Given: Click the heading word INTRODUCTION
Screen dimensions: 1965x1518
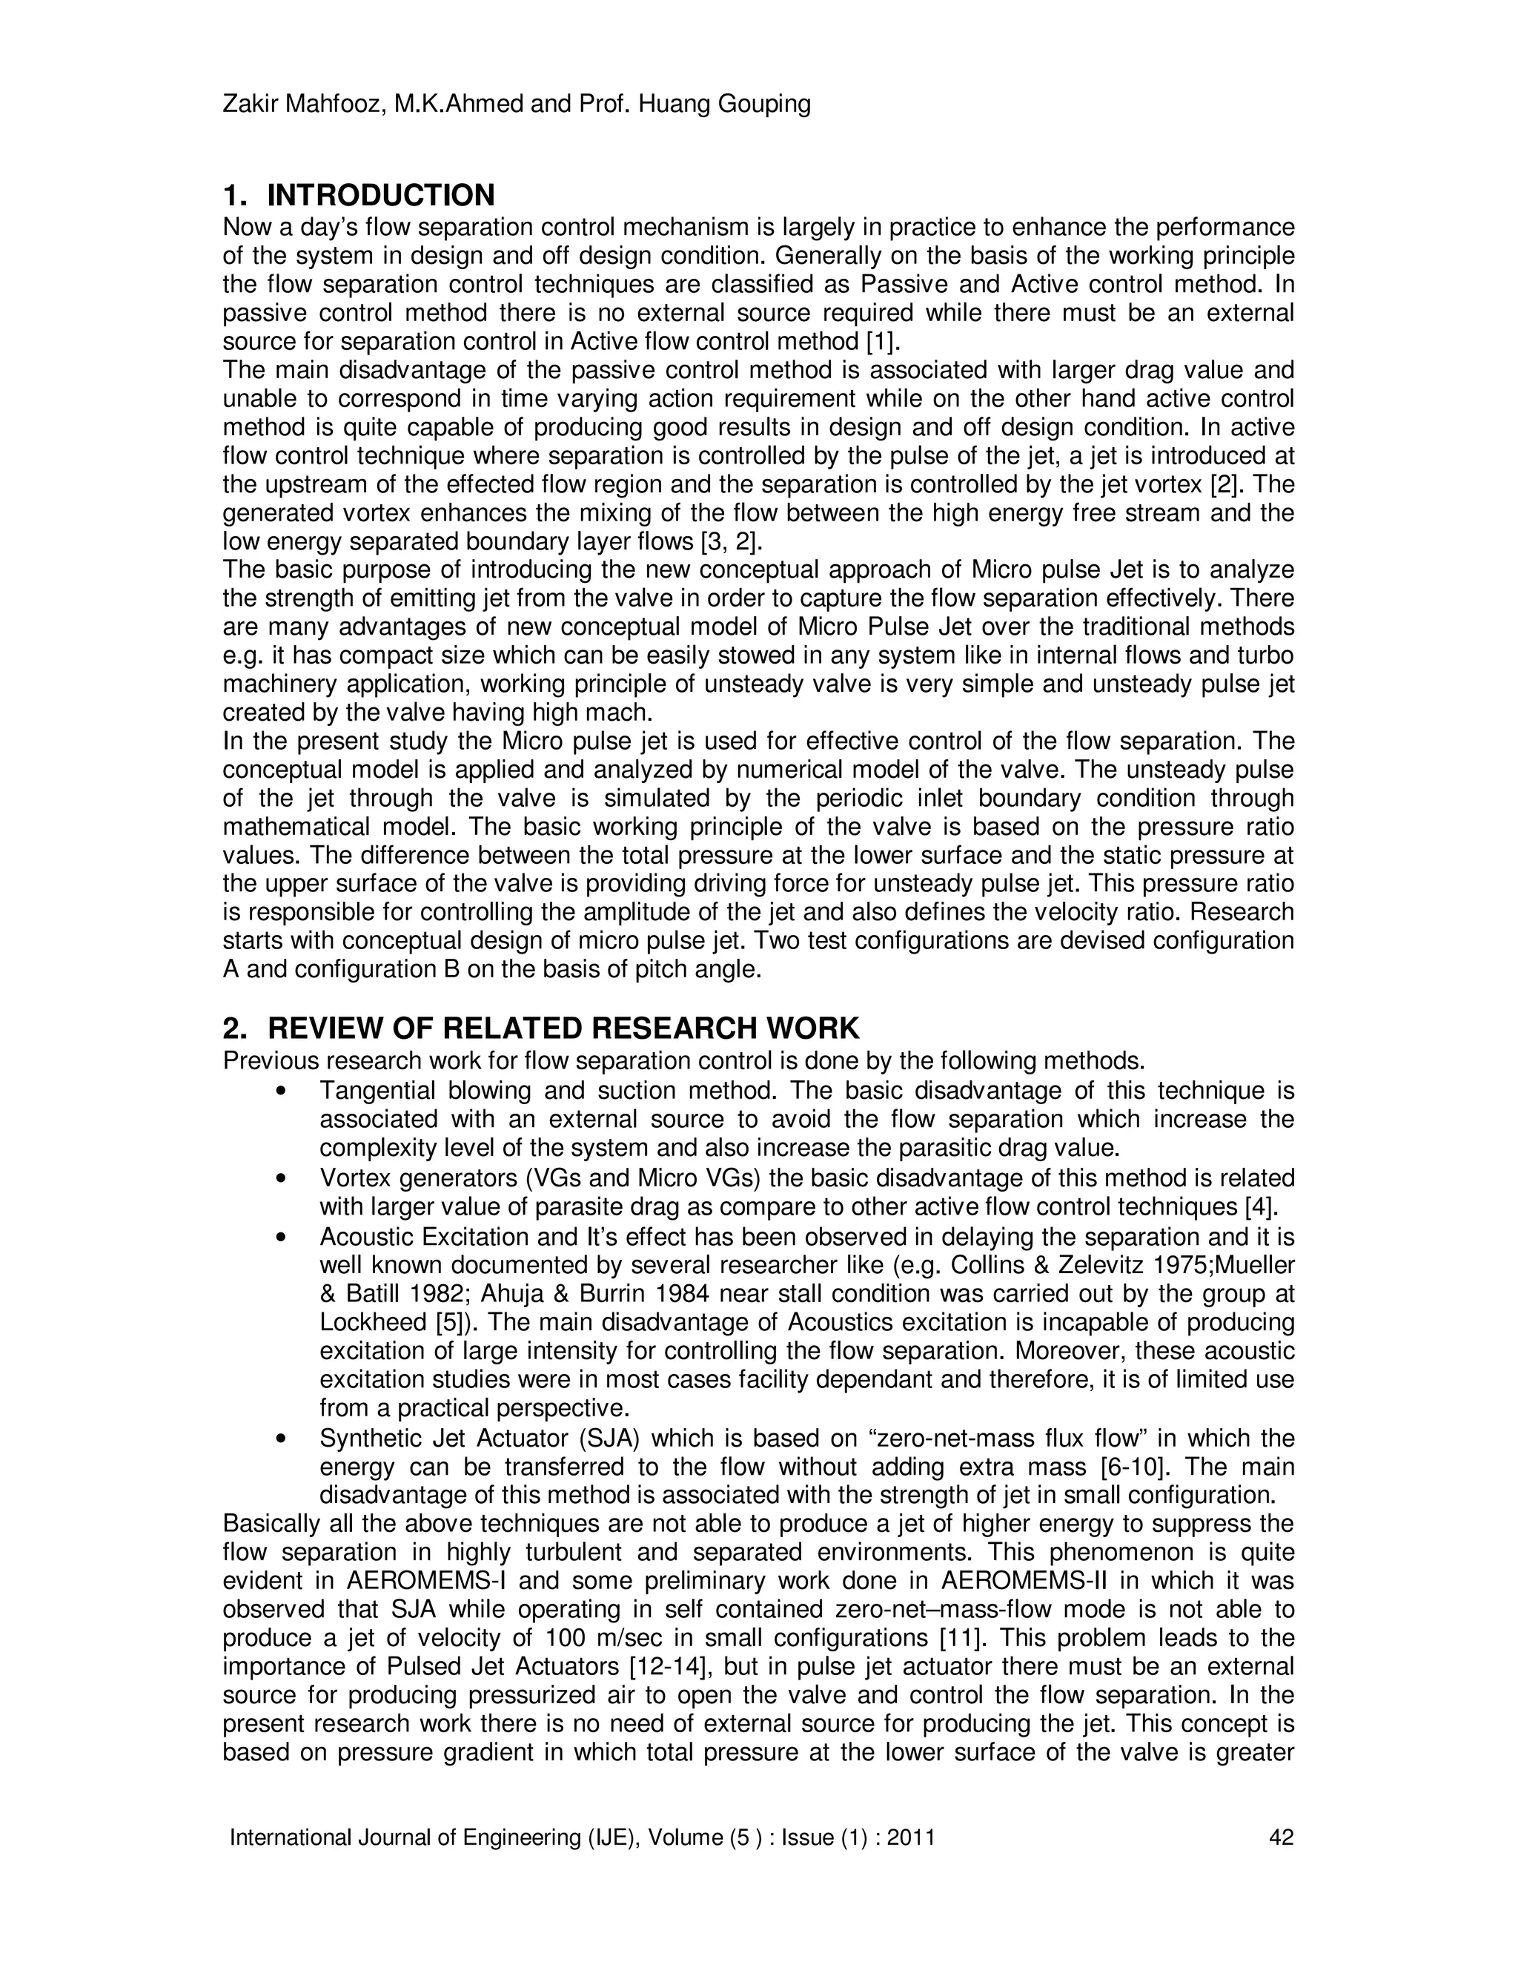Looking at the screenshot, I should click(380, 195).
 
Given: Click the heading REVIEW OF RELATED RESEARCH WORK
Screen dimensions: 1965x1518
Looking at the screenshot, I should click(563, 1028).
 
